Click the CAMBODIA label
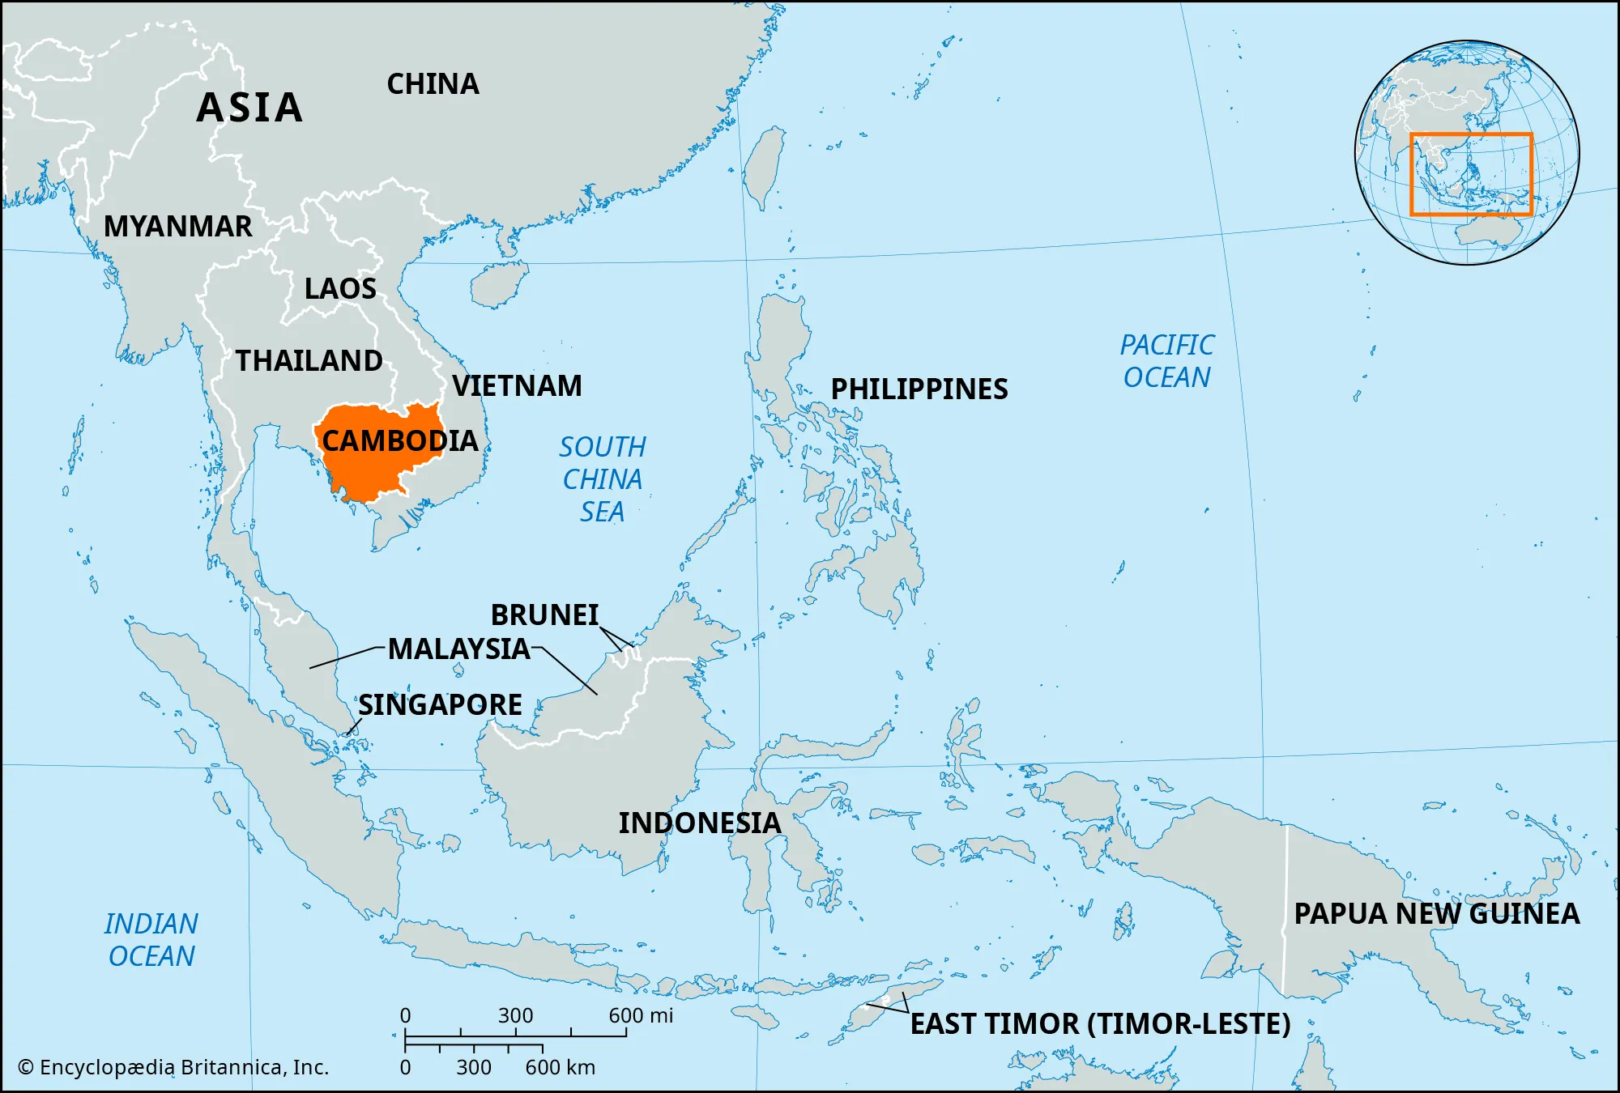click(400, 441)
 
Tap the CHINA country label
click(433, 84)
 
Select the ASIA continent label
click(249, 108)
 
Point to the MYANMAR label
click(178, 227)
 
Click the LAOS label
click(340, 289)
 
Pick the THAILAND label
click(309, 361)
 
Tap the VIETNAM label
click(517, 386)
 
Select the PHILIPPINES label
click(919, 389)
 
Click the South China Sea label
click(603, 479)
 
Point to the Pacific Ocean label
click(1166, 361)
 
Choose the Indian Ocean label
click(151, 940)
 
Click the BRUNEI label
click(544, 615)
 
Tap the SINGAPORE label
click(440, 705)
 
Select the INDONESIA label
click(700, 823)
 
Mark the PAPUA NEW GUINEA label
click(1436, 914)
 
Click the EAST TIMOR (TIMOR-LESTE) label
click(1100, 1024)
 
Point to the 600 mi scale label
click(641, 1016)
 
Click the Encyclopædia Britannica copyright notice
click(173, 1068)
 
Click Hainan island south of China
click(496, 285)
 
